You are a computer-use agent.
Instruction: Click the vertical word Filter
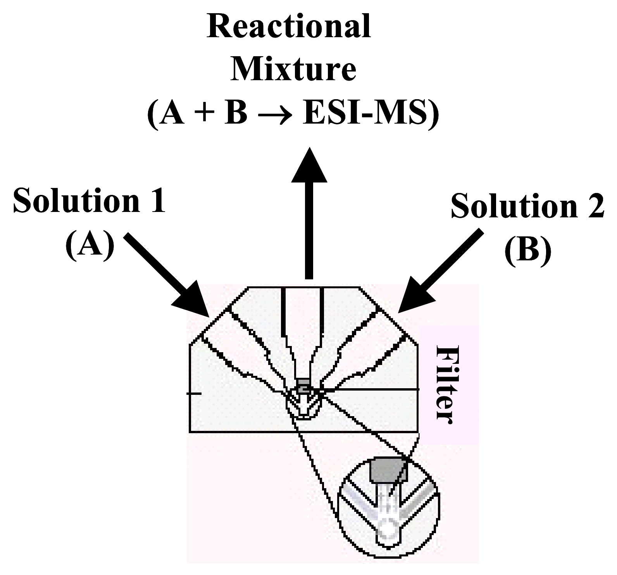click(443, 384)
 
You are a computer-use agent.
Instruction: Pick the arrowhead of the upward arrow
click(309, 165)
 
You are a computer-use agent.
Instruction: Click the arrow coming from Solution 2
click(442, 271)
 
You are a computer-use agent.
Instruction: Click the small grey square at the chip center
click(304, 386)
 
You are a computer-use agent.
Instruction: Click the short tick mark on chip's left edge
click(194, 393)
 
